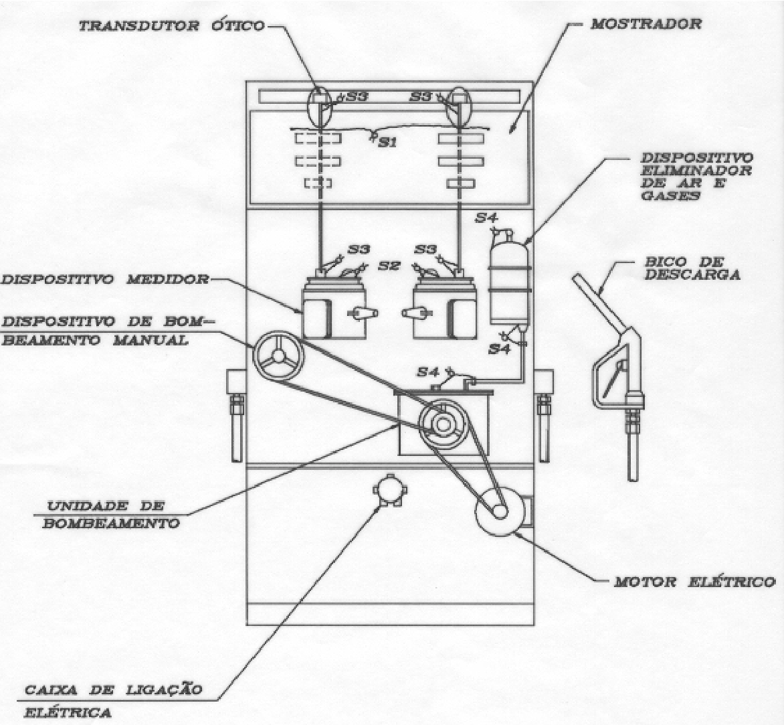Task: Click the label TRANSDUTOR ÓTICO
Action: [171, 25]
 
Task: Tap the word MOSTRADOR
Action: [646, 23]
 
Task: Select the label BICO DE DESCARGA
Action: [692, 268]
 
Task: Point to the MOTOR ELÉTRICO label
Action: [694, 582]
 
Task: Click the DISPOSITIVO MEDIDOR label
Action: [104, 278]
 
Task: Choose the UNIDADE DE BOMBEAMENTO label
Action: [111, 514]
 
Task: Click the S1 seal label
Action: [387, 143]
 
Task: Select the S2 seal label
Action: [389, 266]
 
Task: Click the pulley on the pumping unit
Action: [442, 425]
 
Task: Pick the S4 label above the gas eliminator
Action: [486, 218]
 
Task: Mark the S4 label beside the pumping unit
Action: [428, 372]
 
